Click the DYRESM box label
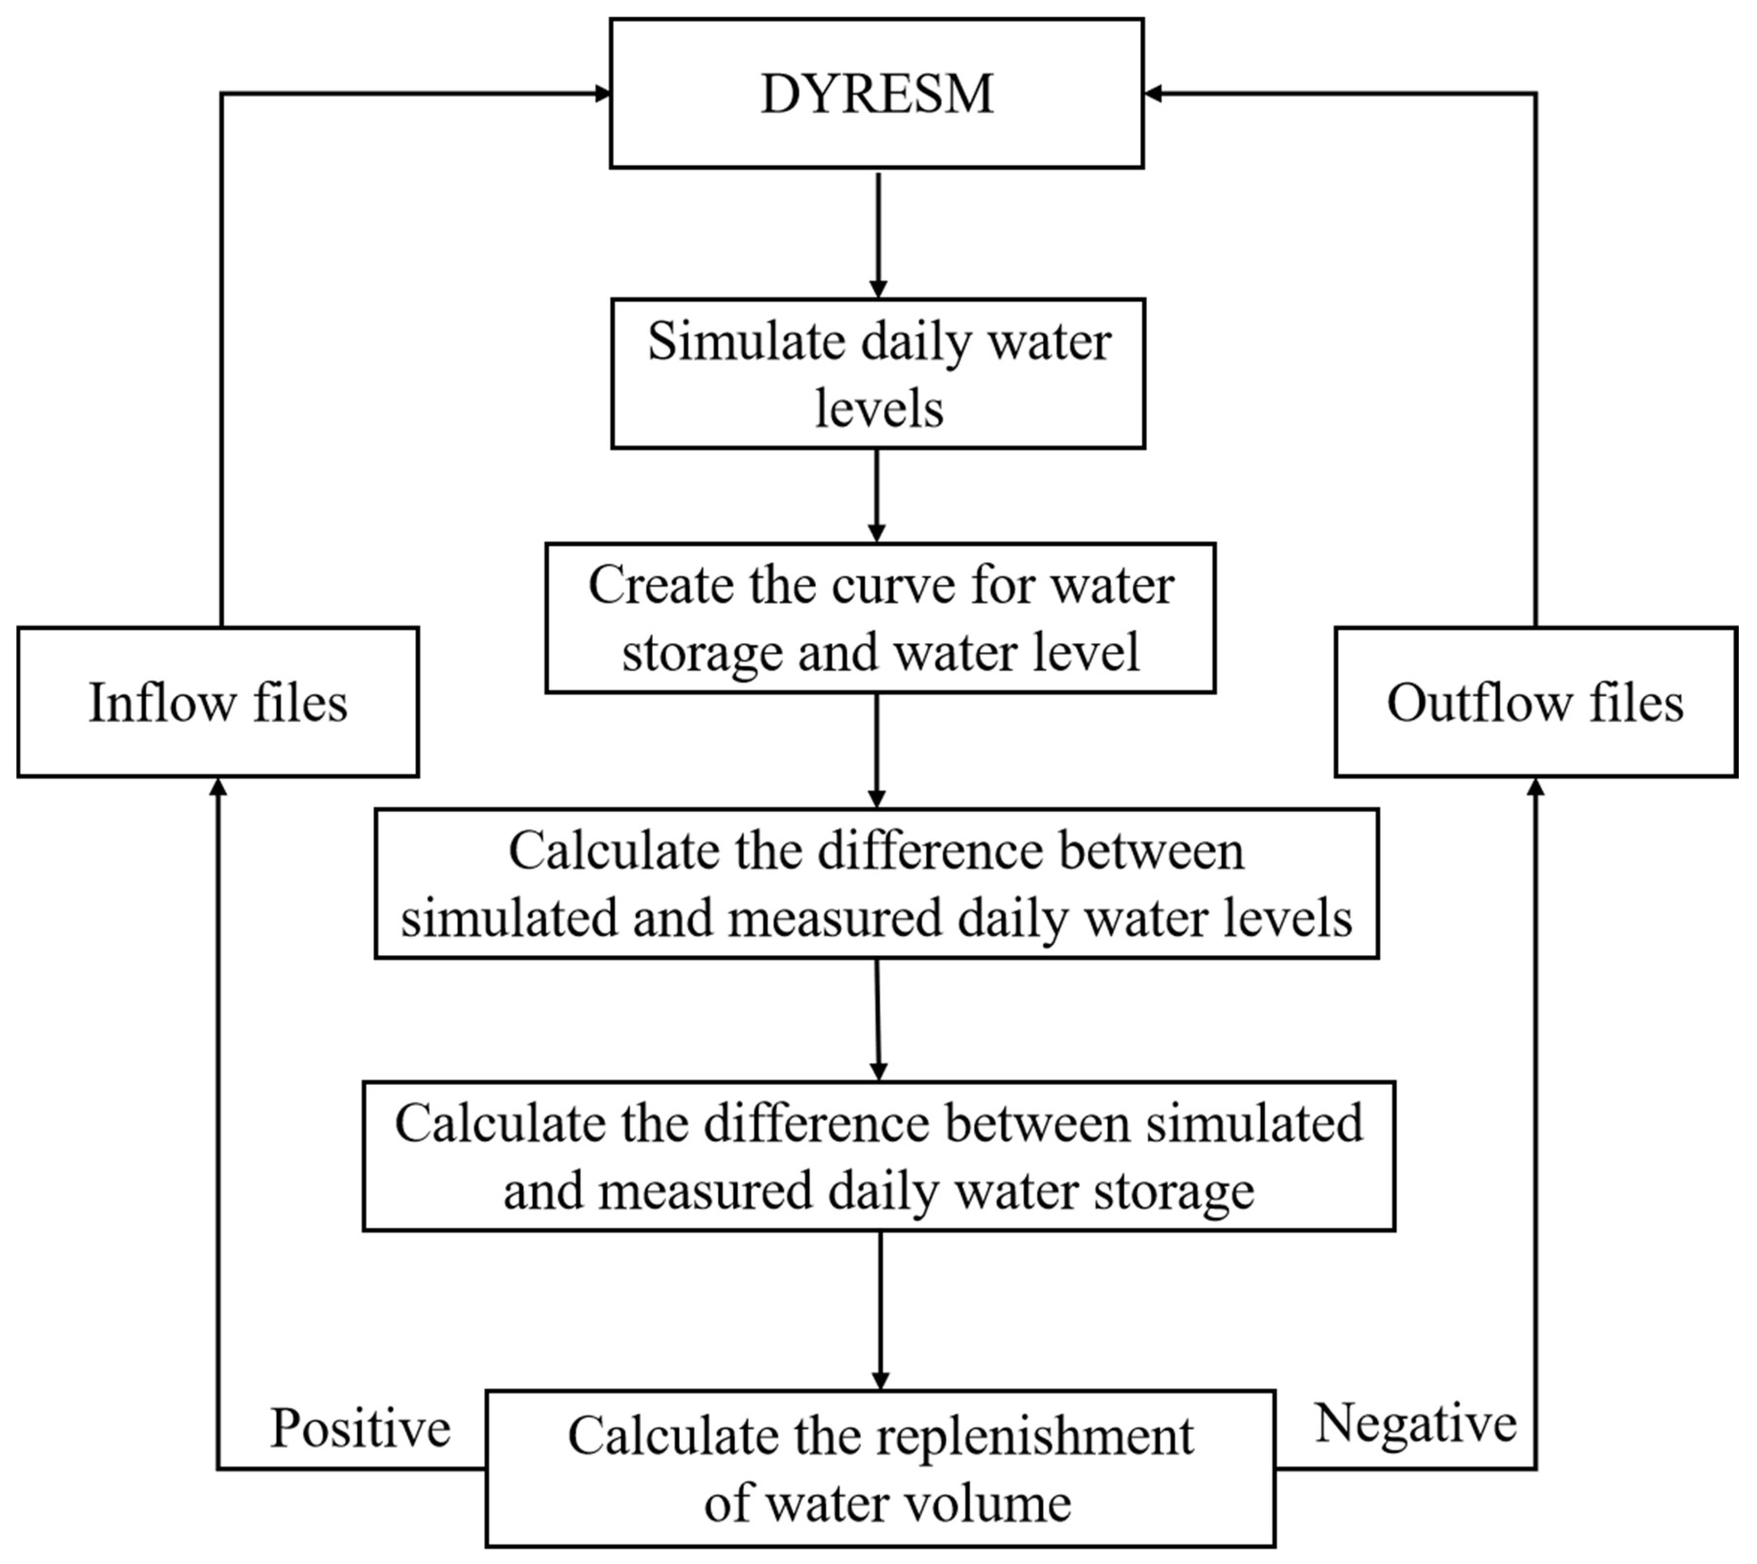(x=877, y=94)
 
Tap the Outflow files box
(x=1535, y=703)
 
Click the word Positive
(x=360, y=1428)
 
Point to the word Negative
(x=1416, y=1423)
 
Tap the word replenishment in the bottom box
(x=1036, y=1437)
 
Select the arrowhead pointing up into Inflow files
(x=218, y=787)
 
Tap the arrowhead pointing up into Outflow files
(x=1535, y=787)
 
